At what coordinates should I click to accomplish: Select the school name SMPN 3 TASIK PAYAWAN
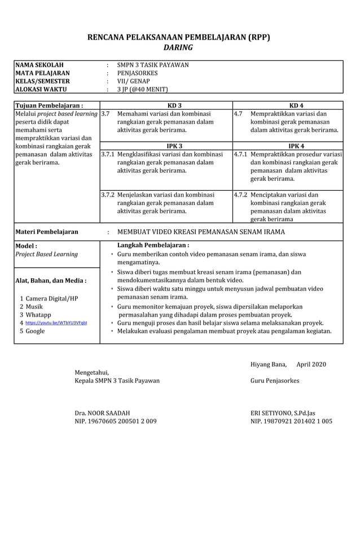tap(152, 65)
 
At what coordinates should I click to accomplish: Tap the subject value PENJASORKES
tap(137, 73)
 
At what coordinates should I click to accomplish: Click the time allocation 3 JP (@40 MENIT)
tap(142, 89)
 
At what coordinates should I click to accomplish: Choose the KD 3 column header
tap(166, 106)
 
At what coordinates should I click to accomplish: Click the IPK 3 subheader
tap(166, 146)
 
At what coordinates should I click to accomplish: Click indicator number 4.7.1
tap(240, 154)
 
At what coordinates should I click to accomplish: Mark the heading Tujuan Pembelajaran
tap(49, 106)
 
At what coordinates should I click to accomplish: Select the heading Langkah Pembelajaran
tap(152, 246)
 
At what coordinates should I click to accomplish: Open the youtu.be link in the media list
tap(56, 323)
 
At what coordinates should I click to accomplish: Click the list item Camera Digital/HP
tap(50, 298)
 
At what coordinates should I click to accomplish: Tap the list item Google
tap(35, 331)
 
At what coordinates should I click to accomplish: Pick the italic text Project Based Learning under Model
tap(46, 254)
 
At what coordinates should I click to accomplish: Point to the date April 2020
tap(311, 364)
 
